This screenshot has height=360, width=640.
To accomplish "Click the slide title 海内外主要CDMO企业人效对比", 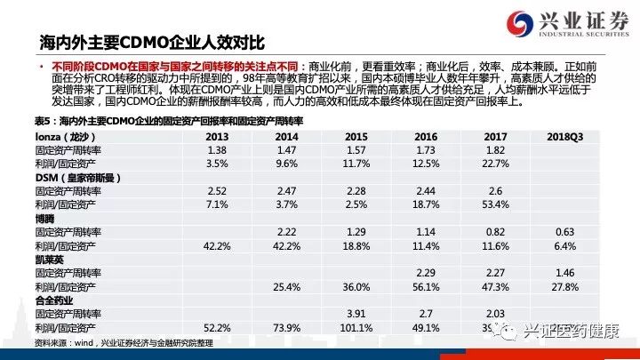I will point(152,41).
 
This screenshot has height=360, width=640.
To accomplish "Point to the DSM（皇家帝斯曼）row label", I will point(77,178).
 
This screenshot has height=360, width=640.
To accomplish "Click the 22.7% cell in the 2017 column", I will point(495,164).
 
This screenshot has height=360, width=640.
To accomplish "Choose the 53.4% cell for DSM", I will point(495,204).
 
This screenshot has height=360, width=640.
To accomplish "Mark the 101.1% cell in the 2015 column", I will point(355,326).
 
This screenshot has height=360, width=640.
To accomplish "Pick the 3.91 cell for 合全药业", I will point(355,313).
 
